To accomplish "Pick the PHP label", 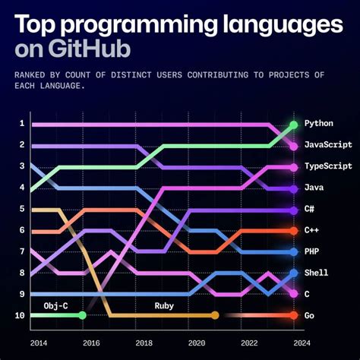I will point(311,251).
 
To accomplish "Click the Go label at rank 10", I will point(309,315).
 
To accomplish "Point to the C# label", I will point(309,209).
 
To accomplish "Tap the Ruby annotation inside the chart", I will point(165,305).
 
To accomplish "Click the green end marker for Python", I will point(293,124).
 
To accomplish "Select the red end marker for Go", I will point(293,315).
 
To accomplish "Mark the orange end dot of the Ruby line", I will point(215,315).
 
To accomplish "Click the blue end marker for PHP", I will point(293,251).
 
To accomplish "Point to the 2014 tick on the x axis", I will point(39,343).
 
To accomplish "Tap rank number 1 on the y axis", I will point(22,123).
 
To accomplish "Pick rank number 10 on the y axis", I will point(21,315).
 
